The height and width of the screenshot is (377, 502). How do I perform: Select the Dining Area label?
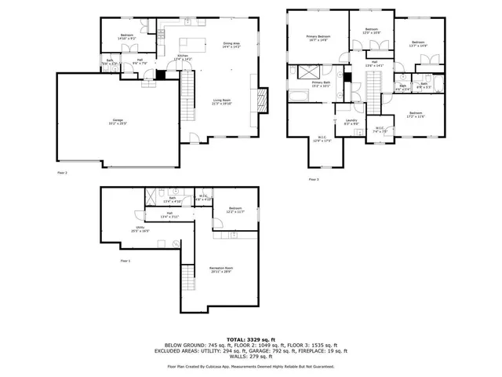point(231,46)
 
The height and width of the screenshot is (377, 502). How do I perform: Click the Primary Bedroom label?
point(318,38)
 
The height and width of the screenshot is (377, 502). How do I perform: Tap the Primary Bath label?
point(322,84)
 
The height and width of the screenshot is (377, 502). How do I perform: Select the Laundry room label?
point(351,121)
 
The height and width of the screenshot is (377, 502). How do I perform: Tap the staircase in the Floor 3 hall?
point(373,82)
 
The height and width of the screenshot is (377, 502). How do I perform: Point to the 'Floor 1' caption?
point(125,260)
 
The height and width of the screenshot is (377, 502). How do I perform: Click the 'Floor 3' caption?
point(313,179)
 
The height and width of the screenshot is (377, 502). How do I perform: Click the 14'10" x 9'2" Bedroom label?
point(127,37)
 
